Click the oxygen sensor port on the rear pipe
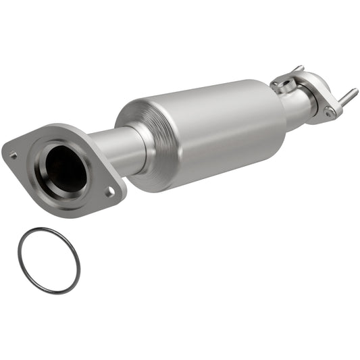coord(284,84)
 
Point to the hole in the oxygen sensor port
coord(283,84)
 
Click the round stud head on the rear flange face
coord(330,111)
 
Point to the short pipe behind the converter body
coord(297,104)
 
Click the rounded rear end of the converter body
coord(277,115)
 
